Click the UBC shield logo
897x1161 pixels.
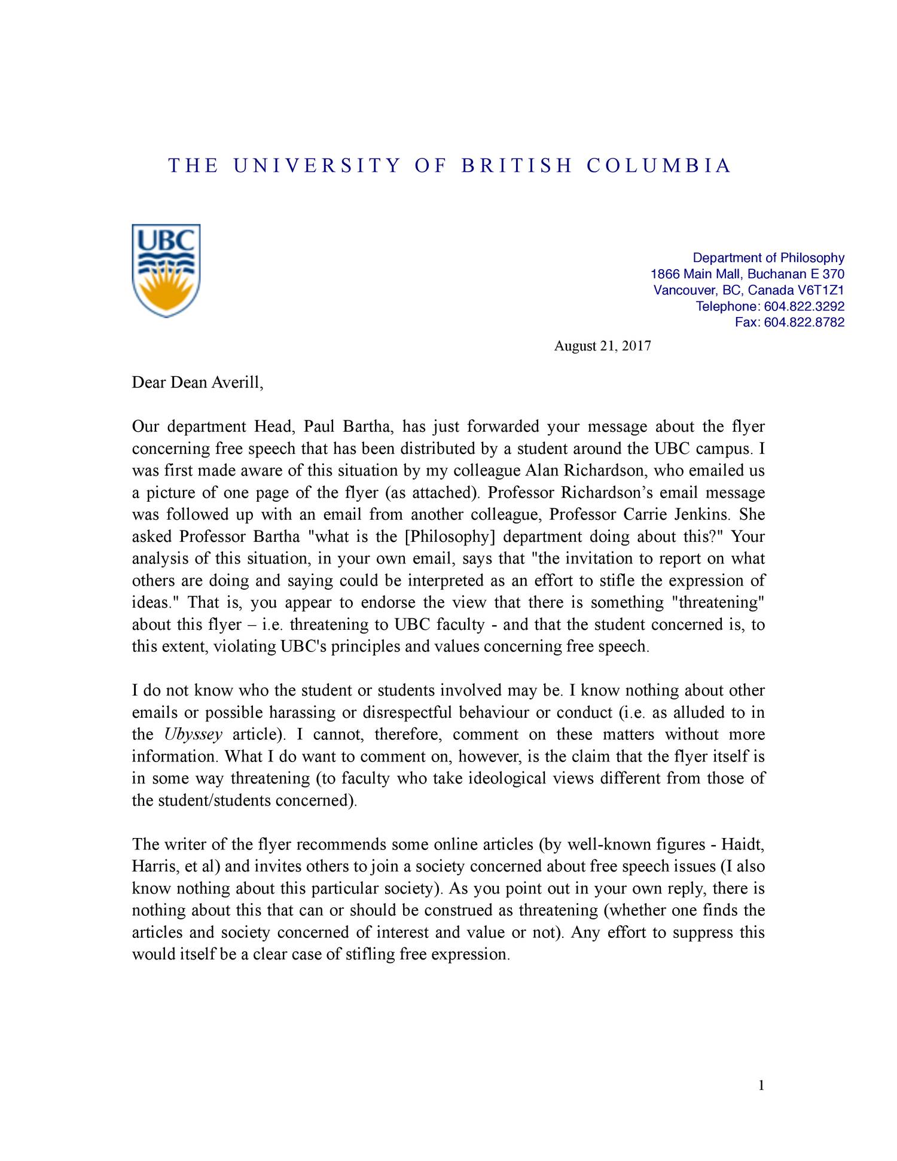point(166,270)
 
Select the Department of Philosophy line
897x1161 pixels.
point(768,258)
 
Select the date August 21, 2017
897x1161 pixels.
point(602,346)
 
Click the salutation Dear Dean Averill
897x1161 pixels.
point(197,383)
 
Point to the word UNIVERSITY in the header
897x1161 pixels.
point(316,166)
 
